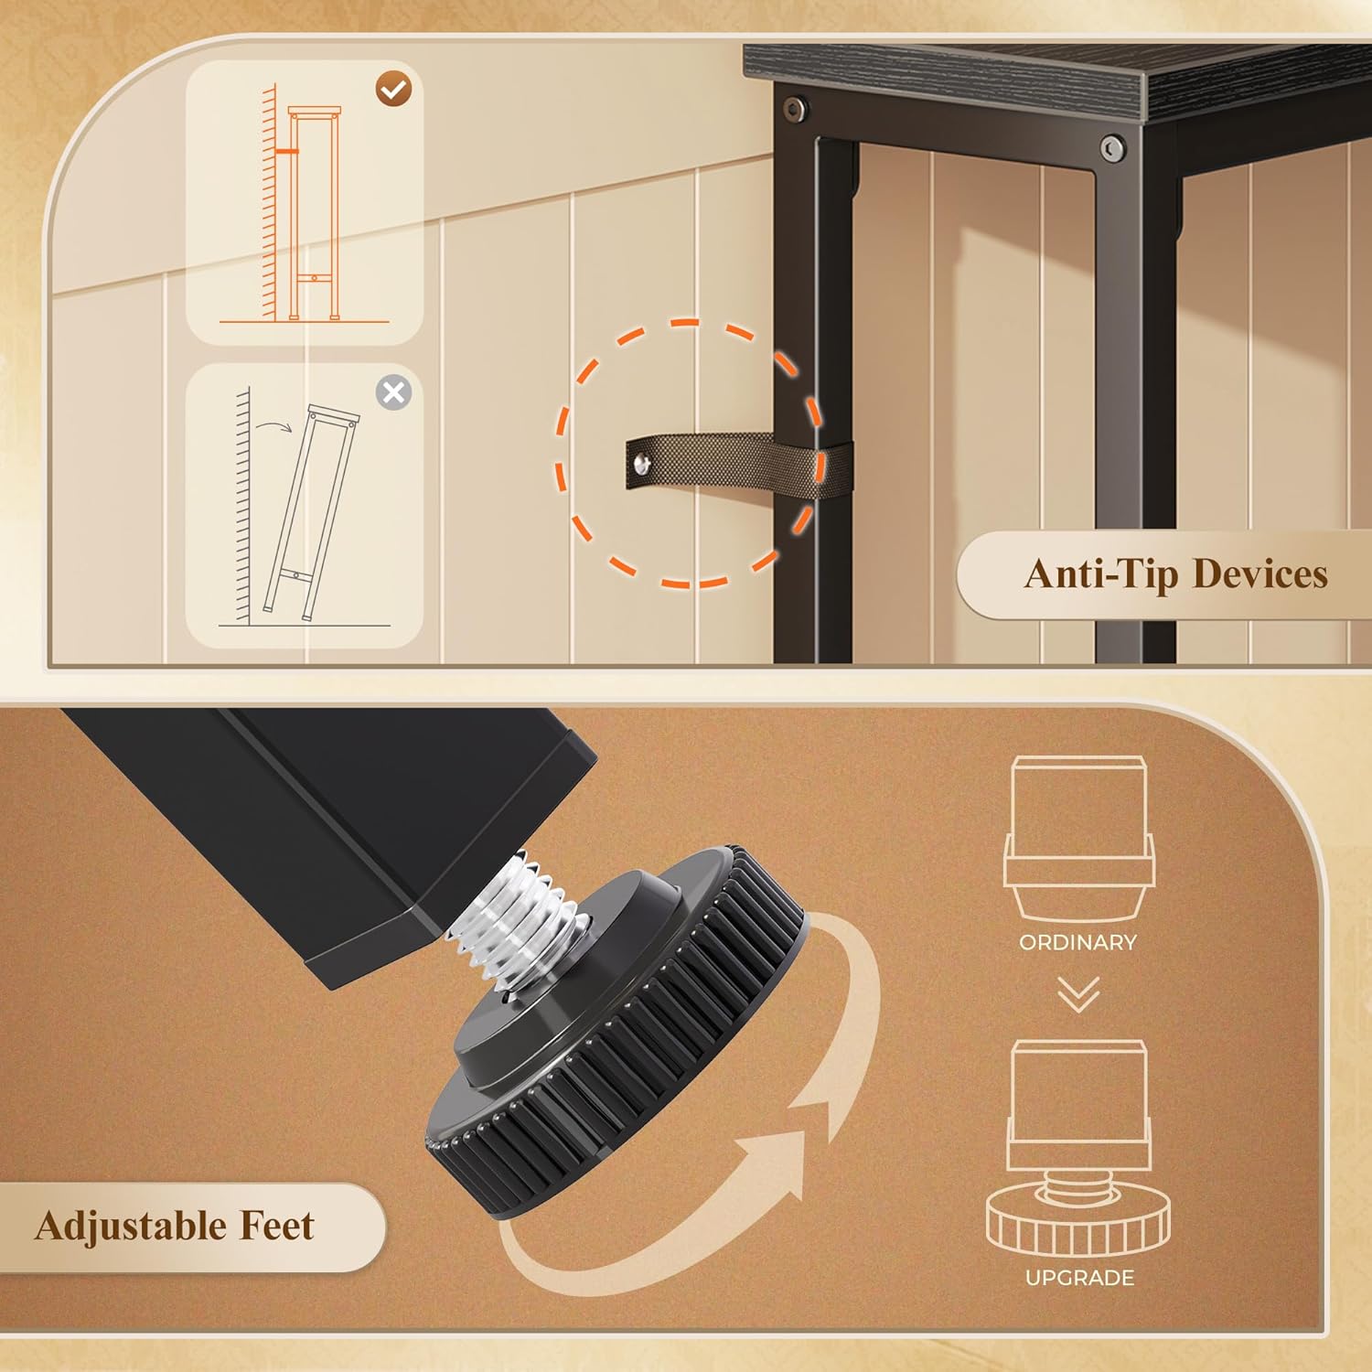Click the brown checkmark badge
coord(394,89)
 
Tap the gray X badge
coord(393,392)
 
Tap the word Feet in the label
coord(276,1227)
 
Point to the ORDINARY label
coord(1077,942)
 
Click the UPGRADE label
coord(1079,1278)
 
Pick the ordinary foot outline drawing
coord(1078,837)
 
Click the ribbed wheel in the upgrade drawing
coord(1078,1226)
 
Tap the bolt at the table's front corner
coord(1112,148)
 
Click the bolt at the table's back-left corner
coord(794,109)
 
